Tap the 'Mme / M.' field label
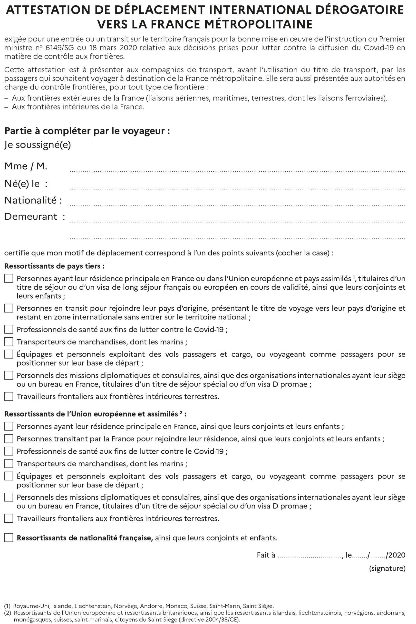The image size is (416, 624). pos(26,166)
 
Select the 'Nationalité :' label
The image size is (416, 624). pos(33,200)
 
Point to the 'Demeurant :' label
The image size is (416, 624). pos(35,216)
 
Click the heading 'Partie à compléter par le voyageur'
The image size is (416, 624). pos(87,131)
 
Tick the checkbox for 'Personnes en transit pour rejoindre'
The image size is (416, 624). pos(9,308)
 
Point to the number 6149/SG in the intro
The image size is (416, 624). pos(59,48)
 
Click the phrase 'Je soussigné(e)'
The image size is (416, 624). pos(38,145)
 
